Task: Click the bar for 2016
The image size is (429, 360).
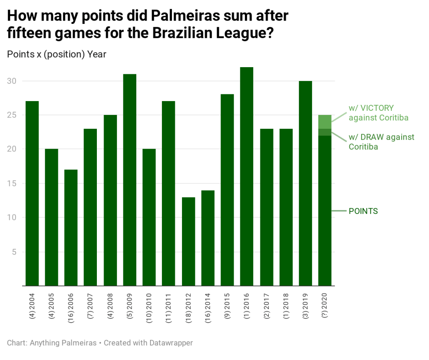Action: click(x=247, y=176)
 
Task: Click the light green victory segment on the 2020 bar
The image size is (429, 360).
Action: click(x=325, y=122)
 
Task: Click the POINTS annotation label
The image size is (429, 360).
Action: click(x=363, y=211)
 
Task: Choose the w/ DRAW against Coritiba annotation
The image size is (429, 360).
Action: click(x=381, y=141)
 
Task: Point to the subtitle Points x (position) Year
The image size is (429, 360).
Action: click(x=57, y=54)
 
